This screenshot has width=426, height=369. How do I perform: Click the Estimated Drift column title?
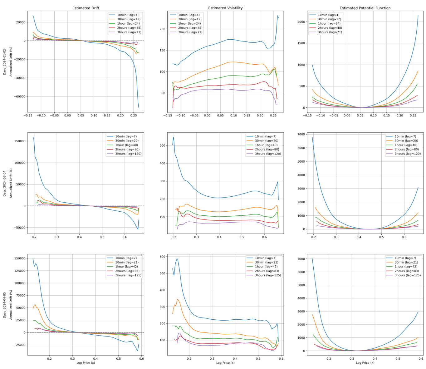86,8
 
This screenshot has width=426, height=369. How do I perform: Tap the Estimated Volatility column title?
225,8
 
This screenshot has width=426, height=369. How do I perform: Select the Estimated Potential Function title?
365,8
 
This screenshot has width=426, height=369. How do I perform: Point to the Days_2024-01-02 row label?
4,62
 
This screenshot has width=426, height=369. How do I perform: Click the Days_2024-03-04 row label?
4,184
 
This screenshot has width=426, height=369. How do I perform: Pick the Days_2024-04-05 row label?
4,305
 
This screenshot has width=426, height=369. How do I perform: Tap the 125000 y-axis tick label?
19,271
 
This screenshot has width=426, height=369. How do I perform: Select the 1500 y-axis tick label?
301,43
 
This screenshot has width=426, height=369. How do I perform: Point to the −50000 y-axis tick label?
19,228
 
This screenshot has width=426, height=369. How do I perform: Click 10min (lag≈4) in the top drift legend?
128,15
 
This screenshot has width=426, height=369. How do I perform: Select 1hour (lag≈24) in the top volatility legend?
189,23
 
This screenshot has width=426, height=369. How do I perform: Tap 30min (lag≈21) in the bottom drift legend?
127,262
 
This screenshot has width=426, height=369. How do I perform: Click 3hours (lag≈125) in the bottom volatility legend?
268,275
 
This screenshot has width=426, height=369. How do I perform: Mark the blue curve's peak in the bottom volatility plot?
177,258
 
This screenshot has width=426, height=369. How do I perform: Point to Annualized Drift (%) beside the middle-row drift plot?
11,184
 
